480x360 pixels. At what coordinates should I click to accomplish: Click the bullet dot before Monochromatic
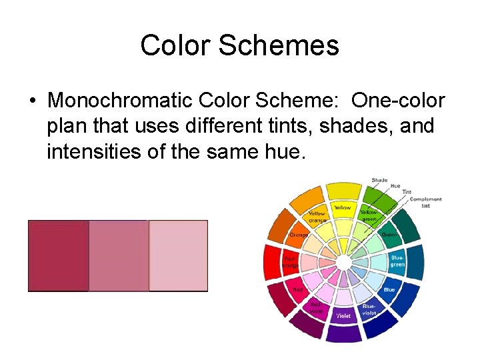coord(32,101)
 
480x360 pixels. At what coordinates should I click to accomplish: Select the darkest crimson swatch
coord(58,256)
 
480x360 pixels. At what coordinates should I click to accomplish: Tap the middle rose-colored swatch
coord(118,256)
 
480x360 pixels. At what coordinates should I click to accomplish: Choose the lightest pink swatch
coord(178,256)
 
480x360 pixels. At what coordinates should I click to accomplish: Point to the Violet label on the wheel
coord(343,315)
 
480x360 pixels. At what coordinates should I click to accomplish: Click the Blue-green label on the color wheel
coord(397,261)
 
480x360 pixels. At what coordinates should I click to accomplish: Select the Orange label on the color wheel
coord(298,235)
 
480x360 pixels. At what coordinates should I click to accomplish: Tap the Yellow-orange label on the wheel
coord(317,216)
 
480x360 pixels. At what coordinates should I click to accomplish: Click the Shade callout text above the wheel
coord(379,180)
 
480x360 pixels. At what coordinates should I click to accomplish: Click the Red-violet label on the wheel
coord(315,307)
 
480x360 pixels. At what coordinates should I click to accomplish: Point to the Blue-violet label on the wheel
coord(369,308)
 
